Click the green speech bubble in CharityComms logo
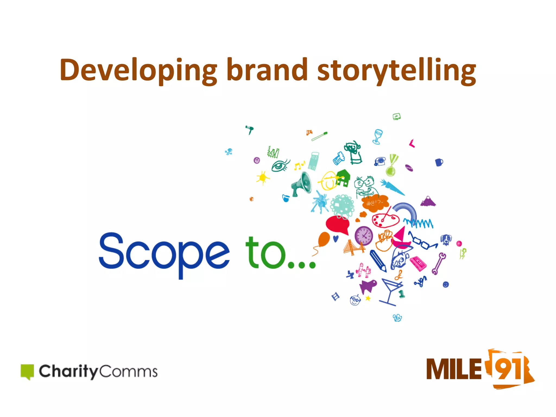coord(27,371)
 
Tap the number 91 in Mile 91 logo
coord(507,369)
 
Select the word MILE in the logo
coord(453,369)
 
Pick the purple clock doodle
coord(364,235)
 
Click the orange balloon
coord(324,239)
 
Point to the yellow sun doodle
coord(263,178)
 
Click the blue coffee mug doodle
coord(439,162)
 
